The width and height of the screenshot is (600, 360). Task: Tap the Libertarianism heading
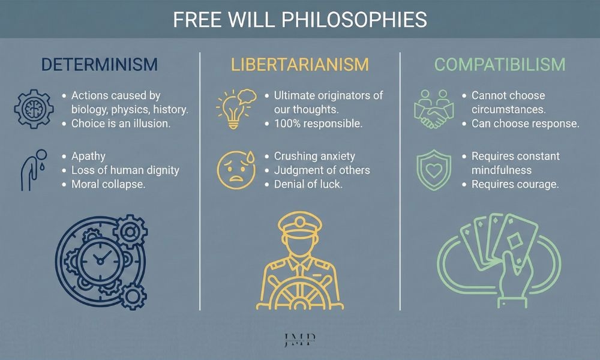[299, 64]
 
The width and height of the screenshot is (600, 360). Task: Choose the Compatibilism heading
[499, 64]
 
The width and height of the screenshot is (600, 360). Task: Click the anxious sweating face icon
[233, 169]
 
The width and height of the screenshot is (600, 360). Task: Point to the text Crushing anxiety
[314, 156]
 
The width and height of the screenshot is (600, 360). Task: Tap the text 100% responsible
[318, 124]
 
